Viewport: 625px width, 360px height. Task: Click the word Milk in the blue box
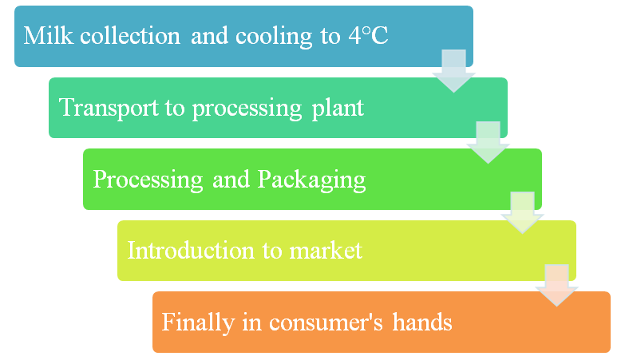tap(48, 36)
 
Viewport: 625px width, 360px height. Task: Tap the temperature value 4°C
tap(368, 35)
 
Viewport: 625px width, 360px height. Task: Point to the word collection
tap(130, 36)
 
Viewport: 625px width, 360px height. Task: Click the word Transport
tap(109, 108)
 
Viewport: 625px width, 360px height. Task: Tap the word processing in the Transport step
tap(247, 109)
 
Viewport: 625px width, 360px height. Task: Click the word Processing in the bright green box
tap(148, 180)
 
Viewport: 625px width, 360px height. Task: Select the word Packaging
tap(311, 180)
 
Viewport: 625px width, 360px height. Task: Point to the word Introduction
tap(191, 251)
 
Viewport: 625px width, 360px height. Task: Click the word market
tap(326, 251)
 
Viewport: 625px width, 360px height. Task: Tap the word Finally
tap(198, 323)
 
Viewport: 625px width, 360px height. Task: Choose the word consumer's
tap(326, 323)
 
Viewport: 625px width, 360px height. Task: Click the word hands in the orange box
tap(422, 322)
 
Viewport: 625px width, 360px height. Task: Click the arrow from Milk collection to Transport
tap(453, 71)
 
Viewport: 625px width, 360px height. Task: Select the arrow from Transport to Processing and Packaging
tap(489, 142)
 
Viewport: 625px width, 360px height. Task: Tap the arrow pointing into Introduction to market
tap(523, 212)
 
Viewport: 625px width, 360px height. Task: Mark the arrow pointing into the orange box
tap(557, 285)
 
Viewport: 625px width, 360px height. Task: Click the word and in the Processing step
tap(231, 180)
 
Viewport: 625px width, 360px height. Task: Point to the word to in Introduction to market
tap(272, 251)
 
